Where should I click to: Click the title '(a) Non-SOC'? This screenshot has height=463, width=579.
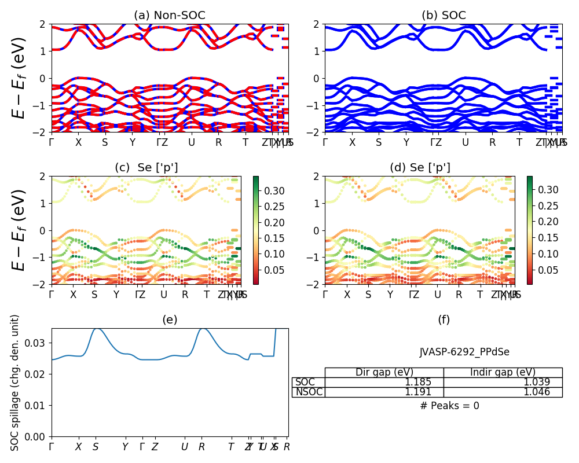point(170,15)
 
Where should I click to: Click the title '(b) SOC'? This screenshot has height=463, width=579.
point(444,15)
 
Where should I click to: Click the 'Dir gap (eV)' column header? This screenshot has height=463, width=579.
point(384,372)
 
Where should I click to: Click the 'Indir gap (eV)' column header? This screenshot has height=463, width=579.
point(503,372)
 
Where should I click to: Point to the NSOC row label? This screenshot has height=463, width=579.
point(309,392)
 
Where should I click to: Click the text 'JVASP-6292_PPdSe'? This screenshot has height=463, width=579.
point(464,352)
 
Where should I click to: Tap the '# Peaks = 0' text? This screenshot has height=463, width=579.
point(449,406)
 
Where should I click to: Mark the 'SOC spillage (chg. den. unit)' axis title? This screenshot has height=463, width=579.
point(15,383)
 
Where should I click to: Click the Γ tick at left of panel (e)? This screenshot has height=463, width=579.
point(52,447)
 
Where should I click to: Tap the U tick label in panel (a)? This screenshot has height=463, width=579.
point(191,142)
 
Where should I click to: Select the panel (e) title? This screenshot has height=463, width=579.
point(170,319)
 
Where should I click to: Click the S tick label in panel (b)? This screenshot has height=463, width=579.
point(379,142)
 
